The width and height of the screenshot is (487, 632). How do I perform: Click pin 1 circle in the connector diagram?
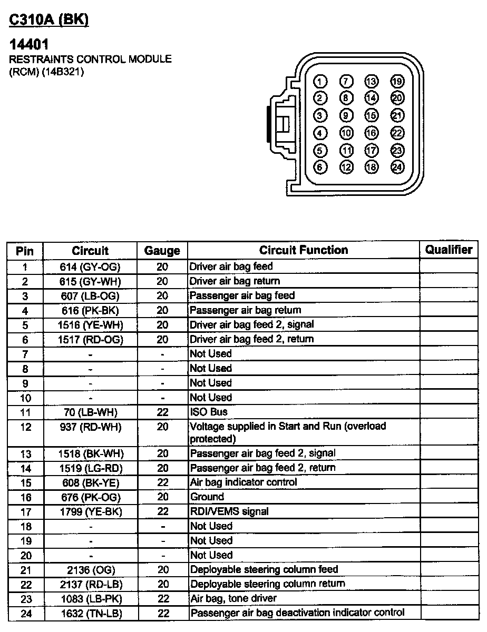click(320, 81)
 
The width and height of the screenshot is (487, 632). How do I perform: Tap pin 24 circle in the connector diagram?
click(397, 167)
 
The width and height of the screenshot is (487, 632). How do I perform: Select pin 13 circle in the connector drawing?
click(371, 81)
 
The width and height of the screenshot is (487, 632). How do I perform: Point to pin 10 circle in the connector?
click(346, 133)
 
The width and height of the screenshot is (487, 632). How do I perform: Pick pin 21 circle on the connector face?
click(397, 116)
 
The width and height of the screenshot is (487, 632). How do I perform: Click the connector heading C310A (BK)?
click(49, 20)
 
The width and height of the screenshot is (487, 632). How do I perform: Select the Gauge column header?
click(162, 251)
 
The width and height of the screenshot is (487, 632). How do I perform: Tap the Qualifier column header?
click(449, 250)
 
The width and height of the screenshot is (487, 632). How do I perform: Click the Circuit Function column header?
click(304, 250)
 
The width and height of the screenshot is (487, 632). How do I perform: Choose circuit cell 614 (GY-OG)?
click(90, 267)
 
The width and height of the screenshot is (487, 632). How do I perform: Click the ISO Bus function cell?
click(209, 412)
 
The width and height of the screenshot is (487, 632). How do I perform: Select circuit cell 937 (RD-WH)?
click(90, 427)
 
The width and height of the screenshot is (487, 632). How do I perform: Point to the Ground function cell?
click(207, 497)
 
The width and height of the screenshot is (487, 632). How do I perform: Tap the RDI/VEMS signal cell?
click(229, 511)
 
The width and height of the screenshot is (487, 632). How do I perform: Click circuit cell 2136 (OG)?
click(90, 570)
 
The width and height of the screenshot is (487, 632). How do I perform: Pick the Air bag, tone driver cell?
click(233, 598)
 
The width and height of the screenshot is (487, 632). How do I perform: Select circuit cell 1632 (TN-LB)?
click(90, 613)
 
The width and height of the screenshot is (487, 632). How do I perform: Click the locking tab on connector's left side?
click(279, 123)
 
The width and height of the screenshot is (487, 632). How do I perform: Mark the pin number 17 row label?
click(25, 511)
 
